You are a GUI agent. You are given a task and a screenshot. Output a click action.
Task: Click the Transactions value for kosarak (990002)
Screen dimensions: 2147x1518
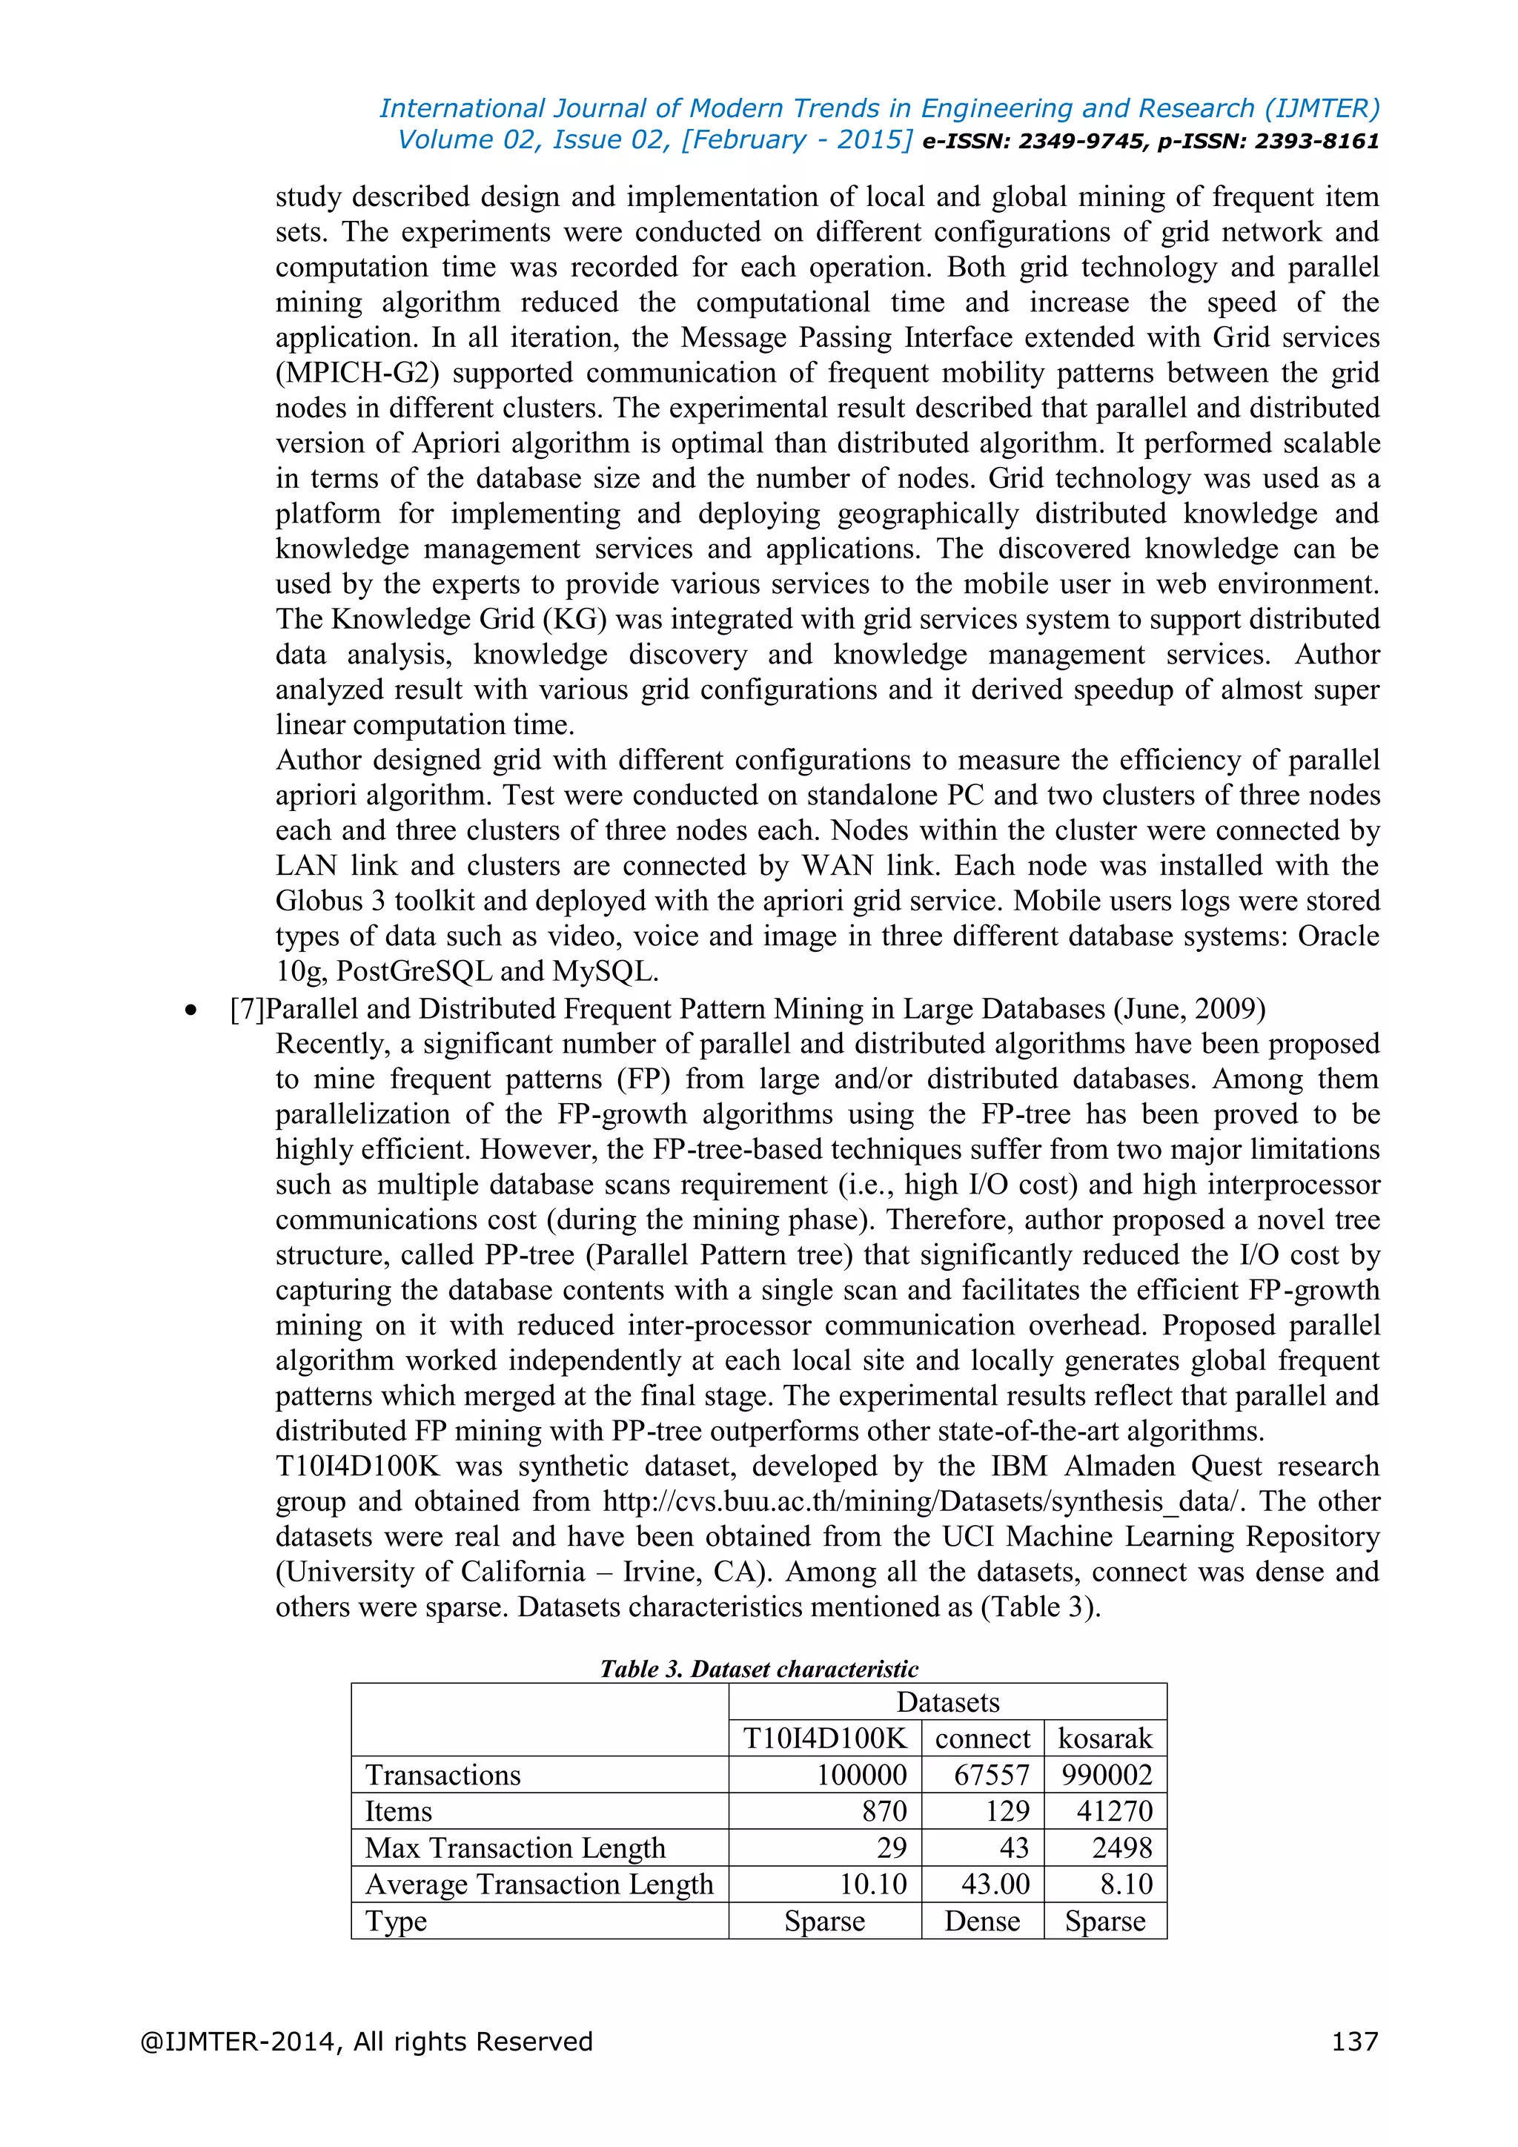[x=1107, y=1774]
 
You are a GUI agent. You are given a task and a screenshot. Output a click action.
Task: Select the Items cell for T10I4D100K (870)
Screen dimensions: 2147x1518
[x=884, y=1810]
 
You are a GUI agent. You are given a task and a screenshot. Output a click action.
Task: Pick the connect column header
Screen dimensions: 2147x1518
[x=981, y=1738]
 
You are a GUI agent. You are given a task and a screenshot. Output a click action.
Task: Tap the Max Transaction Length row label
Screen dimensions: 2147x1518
[x=515, y=1847]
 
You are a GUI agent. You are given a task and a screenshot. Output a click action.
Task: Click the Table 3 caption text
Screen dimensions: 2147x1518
[x=758, y=1668]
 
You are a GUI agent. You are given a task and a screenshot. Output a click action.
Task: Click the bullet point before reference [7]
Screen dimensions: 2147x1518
[x=192, y=1010]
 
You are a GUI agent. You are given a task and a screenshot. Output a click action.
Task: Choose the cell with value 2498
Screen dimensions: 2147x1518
[x=1121, y=1847]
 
